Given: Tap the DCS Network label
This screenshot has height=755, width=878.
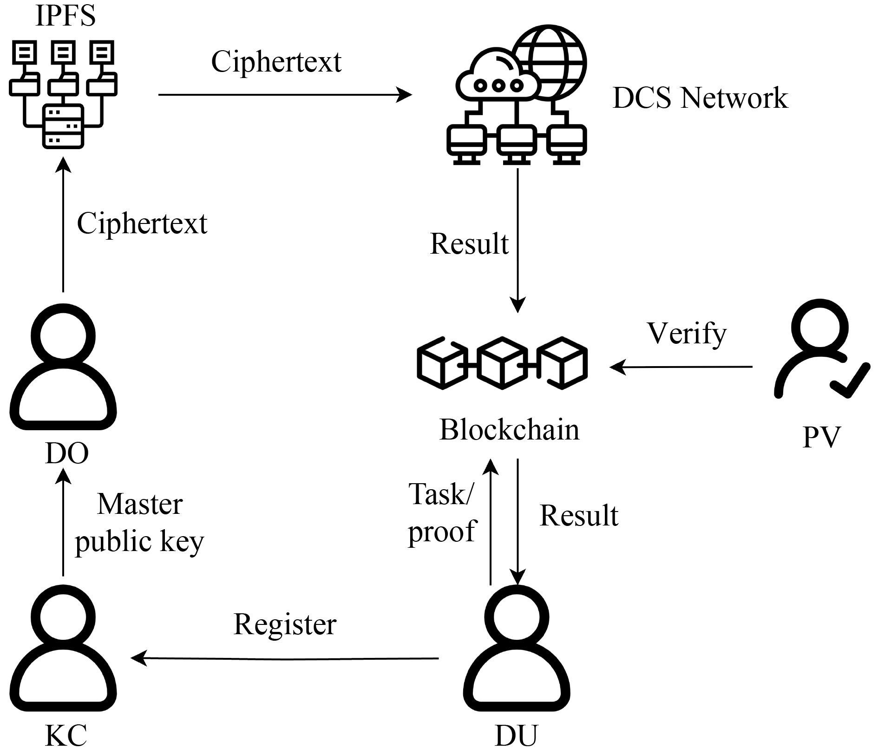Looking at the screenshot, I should [x=700, y=98].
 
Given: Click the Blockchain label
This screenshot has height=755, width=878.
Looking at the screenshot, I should [x=509, y=430].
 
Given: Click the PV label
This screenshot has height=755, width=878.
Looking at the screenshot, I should [x=821, y=437].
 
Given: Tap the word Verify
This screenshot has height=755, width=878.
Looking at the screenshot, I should [x=687, y=334].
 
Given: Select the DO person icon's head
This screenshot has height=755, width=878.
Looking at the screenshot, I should [x=63, y=335].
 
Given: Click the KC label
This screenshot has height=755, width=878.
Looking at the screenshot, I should [x=66, y=735].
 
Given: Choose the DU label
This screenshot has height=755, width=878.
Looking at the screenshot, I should [x=516, y=735].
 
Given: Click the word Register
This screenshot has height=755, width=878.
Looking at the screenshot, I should [x=285, y=624].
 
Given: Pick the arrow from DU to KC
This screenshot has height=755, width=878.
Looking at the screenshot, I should [x=285, y=658].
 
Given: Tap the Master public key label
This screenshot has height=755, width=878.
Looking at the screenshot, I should [x=139, y=523].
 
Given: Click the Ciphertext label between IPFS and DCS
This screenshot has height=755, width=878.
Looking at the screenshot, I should [x=276, y=62].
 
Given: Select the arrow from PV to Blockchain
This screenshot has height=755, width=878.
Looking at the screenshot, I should [x=681, y=367].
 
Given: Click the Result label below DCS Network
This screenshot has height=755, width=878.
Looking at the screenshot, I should [x=469, y=243].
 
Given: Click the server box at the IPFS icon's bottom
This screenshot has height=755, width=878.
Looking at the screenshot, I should [x=63, y=126].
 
